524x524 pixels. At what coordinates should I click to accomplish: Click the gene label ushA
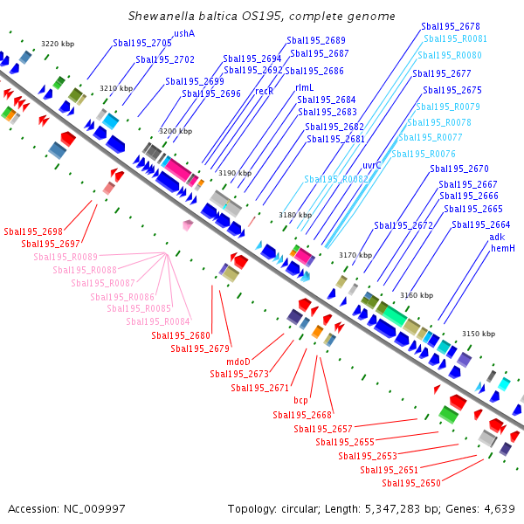point(184,33)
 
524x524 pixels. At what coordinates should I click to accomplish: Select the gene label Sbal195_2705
point(142,43)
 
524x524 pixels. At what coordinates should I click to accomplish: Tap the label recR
point(264,90)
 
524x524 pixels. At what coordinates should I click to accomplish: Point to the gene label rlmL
point(304,87)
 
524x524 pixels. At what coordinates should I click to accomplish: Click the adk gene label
point(497,237)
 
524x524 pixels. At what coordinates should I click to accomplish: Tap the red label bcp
point(300,400)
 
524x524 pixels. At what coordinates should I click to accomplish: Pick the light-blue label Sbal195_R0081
point(455,38)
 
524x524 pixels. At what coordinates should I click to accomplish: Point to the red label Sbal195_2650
point(410,483)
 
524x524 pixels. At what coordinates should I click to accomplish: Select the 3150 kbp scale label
point(479,334)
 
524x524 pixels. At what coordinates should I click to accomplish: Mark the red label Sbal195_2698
point(33,231)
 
